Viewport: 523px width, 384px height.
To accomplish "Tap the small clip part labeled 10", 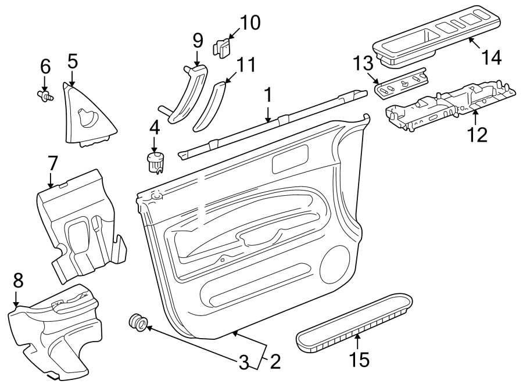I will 223,47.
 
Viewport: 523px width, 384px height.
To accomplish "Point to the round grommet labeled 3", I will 138,324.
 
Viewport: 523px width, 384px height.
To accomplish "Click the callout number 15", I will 360,360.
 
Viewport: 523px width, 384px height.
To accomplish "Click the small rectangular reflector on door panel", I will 290,159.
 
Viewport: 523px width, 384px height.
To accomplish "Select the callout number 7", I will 52,164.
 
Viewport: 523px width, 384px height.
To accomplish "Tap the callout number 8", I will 18,281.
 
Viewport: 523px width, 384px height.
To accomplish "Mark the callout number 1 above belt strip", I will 268,95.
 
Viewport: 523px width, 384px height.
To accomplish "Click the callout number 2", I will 274,363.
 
